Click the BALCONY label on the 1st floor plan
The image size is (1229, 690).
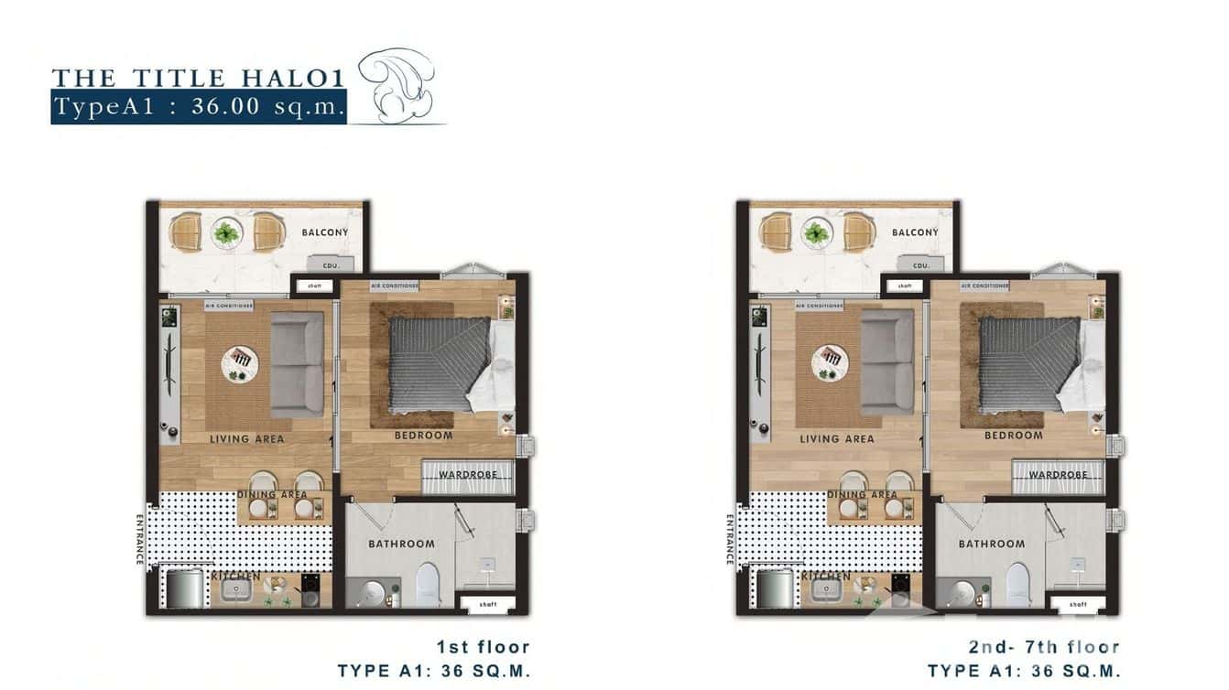click(x=325, y=232)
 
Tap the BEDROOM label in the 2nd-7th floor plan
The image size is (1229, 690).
click(x=1013, y=436)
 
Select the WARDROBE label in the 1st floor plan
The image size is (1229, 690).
click(x=468, y=475)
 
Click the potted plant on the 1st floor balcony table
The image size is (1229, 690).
click(x=226, y=232)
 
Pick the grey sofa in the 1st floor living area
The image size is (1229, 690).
click(x=297, y=364)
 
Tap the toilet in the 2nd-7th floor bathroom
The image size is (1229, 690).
click(x=1018, y=584)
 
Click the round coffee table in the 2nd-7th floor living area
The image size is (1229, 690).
click(x=831, y=362)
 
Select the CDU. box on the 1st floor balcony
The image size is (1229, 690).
click(x=331, y=265)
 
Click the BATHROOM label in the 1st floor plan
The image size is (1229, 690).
click(x=401, y=544)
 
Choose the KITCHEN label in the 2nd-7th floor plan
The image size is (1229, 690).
click(x=826, y=577)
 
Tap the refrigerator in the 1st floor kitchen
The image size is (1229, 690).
click(x=184, y=588)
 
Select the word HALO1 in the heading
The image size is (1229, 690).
click(x=303, y=78)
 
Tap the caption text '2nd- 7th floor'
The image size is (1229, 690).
click(x=1044, y=648)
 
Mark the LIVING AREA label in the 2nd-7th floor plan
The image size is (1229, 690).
click(x=836, y=439)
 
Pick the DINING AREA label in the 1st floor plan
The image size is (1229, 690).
click(x=272, y=495)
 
